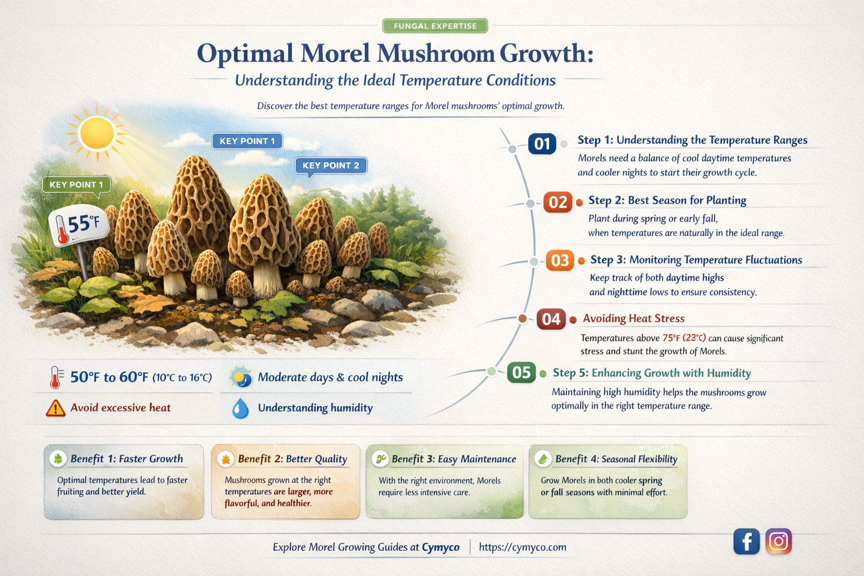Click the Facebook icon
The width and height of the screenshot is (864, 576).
746,542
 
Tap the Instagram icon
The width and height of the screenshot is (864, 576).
778,541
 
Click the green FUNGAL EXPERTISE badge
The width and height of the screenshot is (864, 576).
435,26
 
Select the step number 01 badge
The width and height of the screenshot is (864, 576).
542,144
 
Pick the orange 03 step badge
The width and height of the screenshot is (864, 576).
560,260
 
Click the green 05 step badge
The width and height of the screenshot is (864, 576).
521,372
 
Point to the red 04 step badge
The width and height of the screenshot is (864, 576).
551,319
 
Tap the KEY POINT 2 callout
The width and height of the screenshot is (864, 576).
331,165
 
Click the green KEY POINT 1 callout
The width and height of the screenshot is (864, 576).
76,184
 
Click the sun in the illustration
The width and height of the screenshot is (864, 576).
97,133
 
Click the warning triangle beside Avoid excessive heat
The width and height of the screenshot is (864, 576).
55,408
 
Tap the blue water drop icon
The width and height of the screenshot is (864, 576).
241,408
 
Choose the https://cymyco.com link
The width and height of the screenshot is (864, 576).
523,547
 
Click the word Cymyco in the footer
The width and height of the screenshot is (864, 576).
440,547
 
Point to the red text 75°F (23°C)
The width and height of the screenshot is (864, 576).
684,338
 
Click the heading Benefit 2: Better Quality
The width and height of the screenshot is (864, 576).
292,459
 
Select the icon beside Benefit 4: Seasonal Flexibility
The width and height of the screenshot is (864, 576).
543,459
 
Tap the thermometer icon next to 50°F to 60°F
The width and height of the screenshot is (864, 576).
55,377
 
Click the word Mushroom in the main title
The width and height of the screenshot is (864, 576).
435,53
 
